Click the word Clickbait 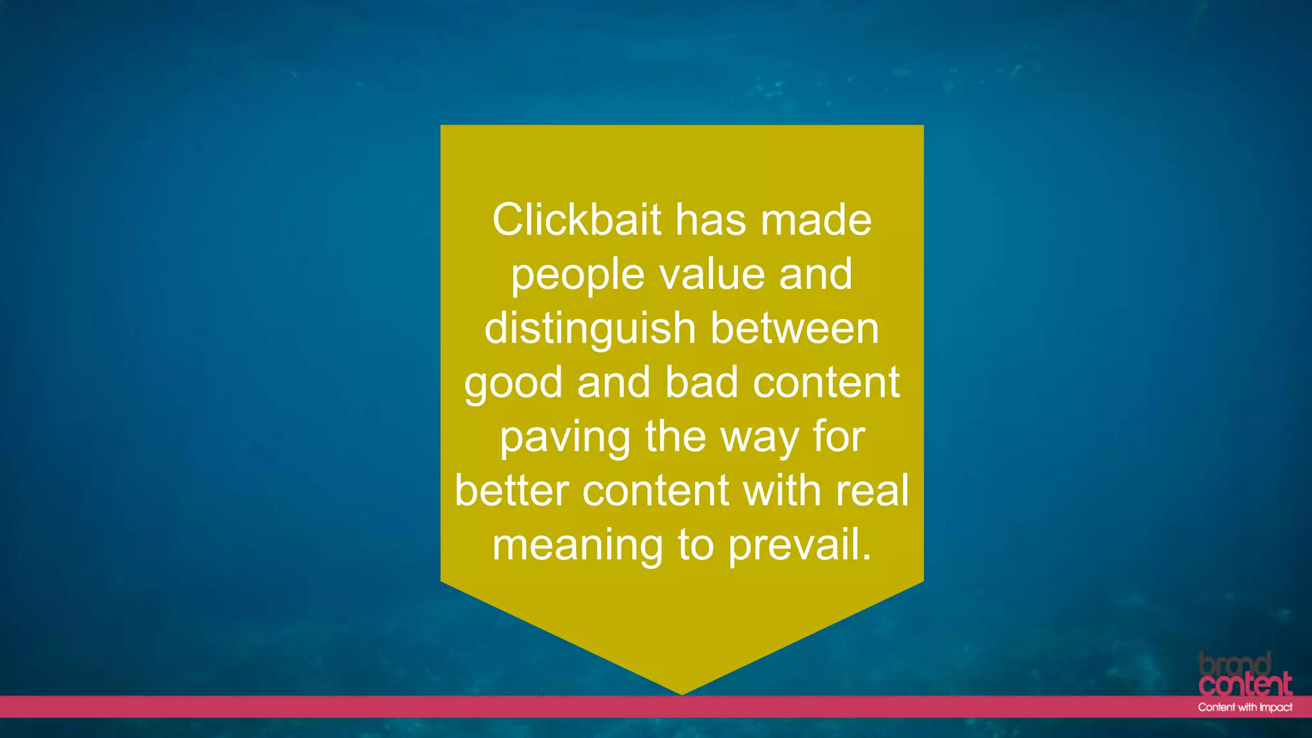pyautogui.click(x=576, y=220)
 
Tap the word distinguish pyautogui.click(x=589, y=329)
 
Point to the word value pyautogui.click(x=712, y=274)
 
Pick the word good pyautogui.click(x=513, y=383)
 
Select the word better pyautogui.click(x=511, y=491)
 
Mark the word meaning pyautogui.click(x=577, y=546)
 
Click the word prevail pyautogui.click(x=799, y=546)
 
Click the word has pyautogui.click(x=710, y=220)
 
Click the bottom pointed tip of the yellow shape pyautogui.click(x=682, y=693)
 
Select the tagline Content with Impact pyautogui.click(x=1245, y=707)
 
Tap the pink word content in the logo pyautogui.click(x=1245, y=685)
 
